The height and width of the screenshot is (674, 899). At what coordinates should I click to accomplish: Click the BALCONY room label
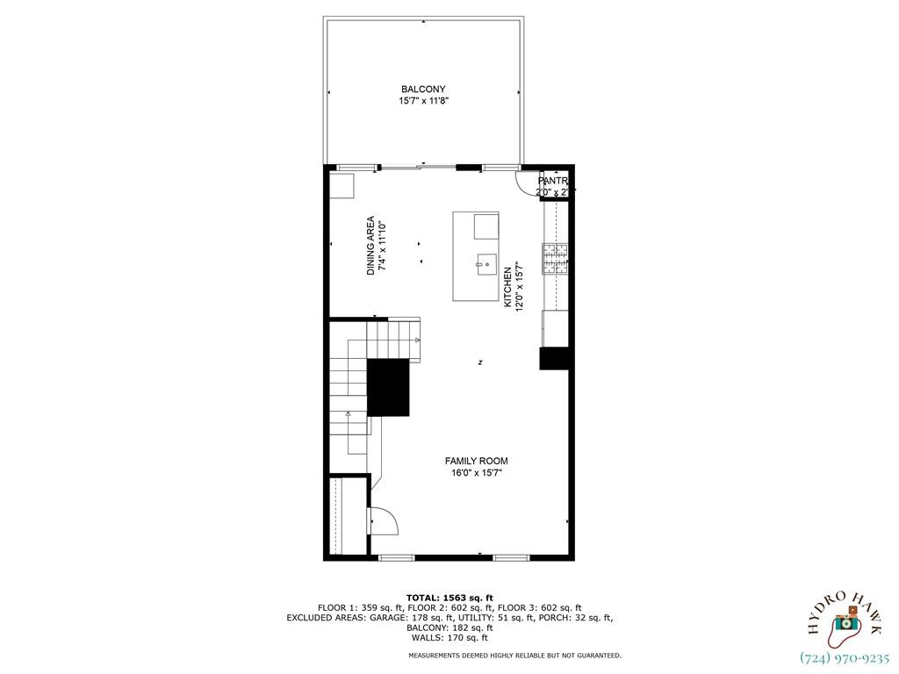(423, 90)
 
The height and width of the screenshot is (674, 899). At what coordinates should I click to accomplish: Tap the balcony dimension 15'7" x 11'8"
(423, 102)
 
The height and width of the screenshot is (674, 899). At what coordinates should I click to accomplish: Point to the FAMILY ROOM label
(476, 462)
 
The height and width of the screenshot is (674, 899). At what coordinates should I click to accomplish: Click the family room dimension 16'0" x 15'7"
(476, 474)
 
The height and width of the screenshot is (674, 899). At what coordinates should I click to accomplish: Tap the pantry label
(553, 181)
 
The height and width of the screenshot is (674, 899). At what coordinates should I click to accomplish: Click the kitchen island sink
(486, 262)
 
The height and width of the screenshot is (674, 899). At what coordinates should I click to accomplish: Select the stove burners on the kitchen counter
(554, 257)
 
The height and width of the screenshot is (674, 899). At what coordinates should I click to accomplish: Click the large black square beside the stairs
(388, 387)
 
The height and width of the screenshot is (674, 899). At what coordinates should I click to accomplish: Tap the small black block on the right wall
(555, 358)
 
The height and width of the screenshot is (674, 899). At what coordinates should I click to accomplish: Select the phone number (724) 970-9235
(845, 657)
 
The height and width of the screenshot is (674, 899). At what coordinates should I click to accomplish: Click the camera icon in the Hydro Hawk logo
(845, 621)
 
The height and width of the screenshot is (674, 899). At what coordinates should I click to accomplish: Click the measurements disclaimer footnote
(514, 656)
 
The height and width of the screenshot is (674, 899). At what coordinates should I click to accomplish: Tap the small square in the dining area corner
(341, 186)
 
